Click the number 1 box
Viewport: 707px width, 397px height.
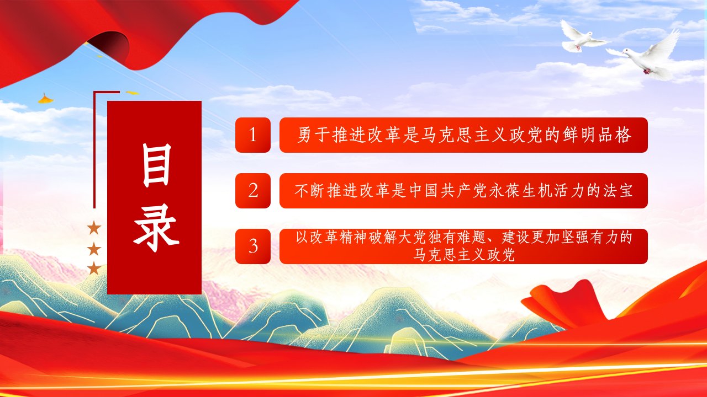tap(253, 135)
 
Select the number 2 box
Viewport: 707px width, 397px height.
tap(253, 191)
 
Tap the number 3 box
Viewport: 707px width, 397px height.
tap(253, 246)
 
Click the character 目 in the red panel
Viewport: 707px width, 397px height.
tap(156, 165)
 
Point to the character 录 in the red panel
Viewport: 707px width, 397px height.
tap(156, 232)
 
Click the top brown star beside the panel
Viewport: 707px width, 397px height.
tap(94, 228)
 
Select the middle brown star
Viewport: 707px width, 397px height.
tap(94, 249)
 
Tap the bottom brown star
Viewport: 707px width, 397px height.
tap(94, 269)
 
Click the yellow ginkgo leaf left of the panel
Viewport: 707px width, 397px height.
tap(46, 99)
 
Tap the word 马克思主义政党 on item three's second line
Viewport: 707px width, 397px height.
tap(463, 255)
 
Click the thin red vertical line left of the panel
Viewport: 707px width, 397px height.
tap(94, 150)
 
